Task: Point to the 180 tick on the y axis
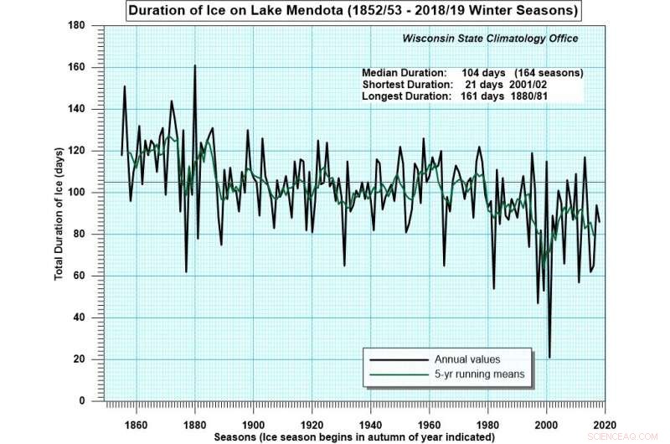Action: [81, 26]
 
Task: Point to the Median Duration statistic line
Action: [472, 73]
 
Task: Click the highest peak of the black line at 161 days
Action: [194, 65]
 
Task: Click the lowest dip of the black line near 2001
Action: [549, 358]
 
